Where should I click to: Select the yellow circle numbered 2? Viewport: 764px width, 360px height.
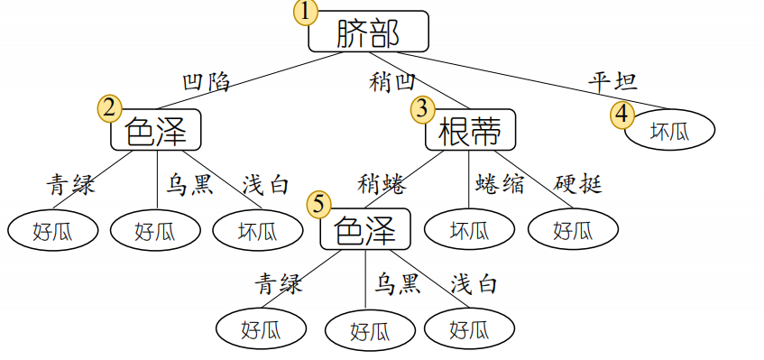(110, 109)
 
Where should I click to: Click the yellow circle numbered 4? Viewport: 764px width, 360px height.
(623, 115)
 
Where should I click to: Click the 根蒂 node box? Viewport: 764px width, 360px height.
(470, 131)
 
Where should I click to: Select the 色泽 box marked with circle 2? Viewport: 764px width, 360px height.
(155, 132)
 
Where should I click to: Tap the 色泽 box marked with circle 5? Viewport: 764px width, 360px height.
(365, 229)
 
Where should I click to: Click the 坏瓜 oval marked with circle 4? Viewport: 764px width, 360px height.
(669, 131)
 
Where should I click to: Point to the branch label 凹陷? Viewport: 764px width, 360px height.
(206, 82)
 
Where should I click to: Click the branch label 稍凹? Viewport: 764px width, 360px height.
(392, 82)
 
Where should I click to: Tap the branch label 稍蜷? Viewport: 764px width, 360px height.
(382, 185)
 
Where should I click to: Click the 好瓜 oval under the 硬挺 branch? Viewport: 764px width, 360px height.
(573, 231)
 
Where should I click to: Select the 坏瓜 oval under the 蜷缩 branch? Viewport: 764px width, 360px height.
(470, 231)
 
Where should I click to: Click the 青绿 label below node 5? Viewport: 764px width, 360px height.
(278, 284)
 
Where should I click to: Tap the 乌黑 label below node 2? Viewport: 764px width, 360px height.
(189, 185)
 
